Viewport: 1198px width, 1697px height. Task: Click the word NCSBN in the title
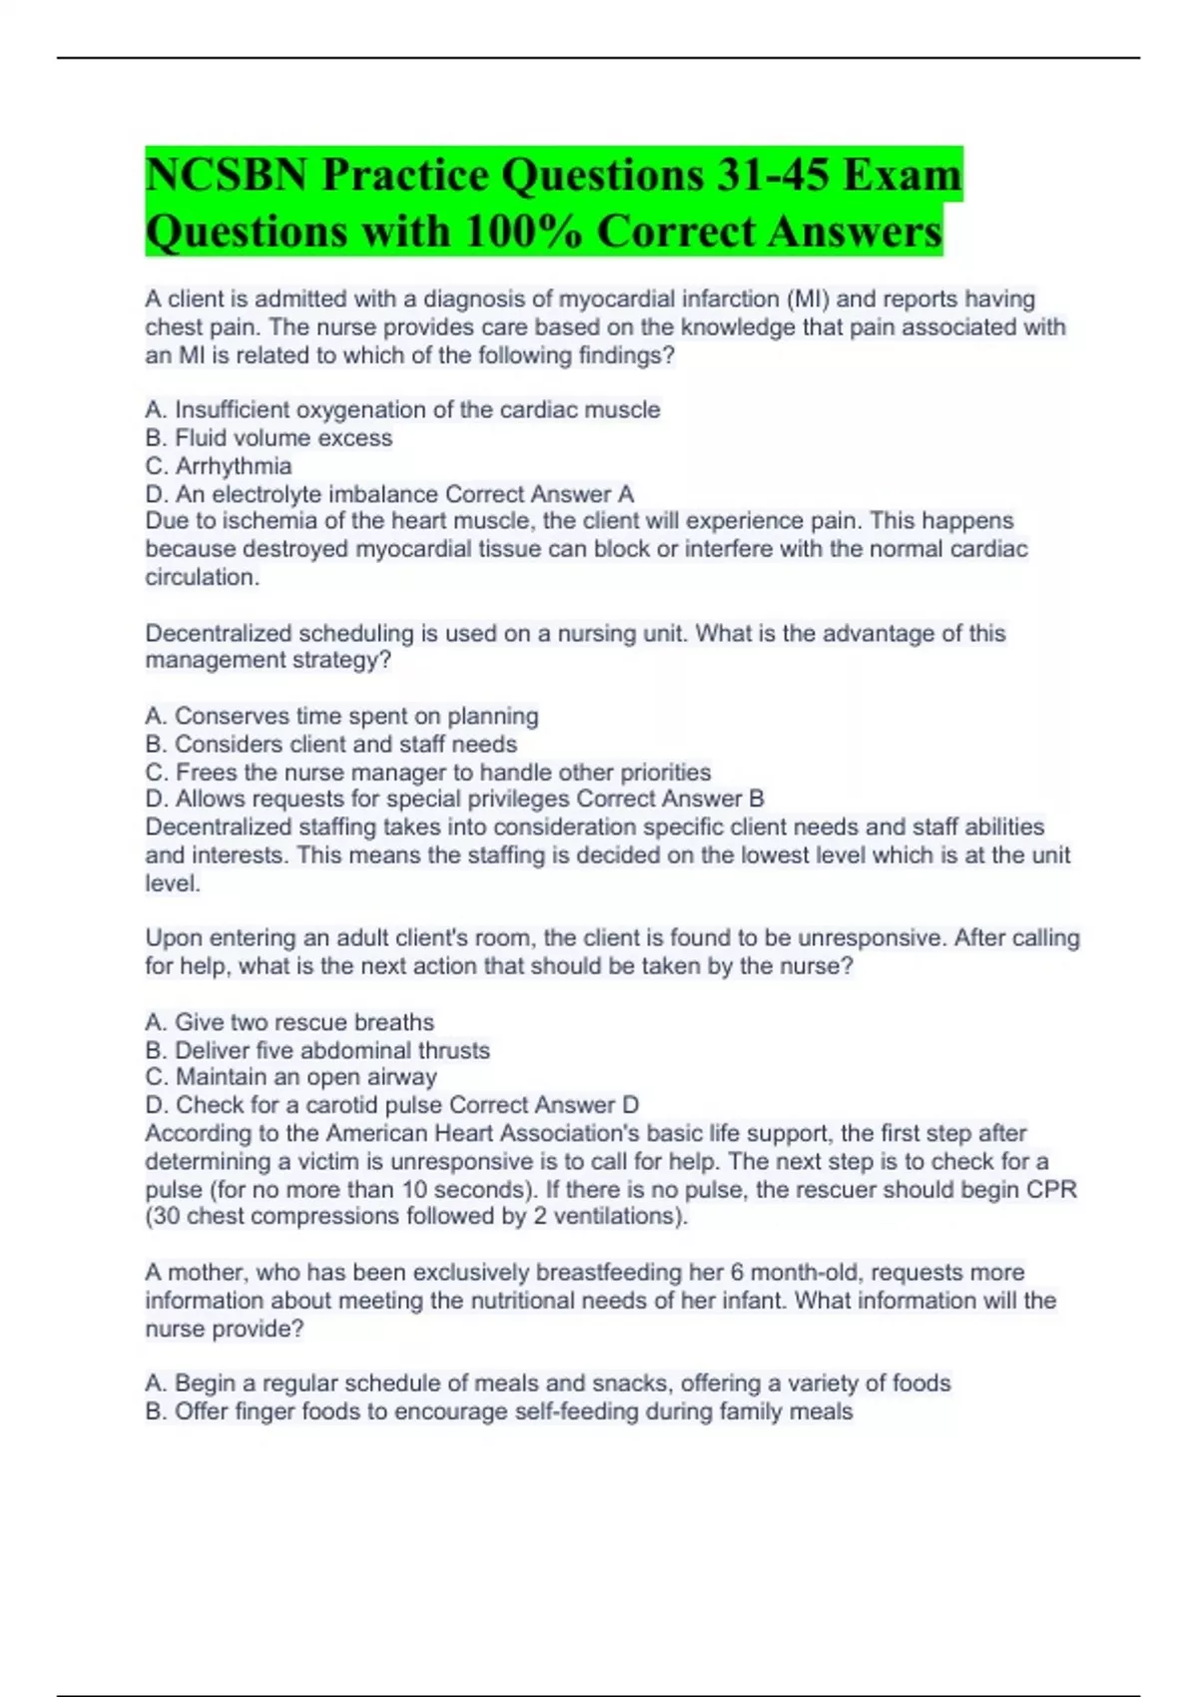pyautogui.click(x=226, y=176)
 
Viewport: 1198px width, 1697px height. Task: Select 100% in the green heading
pyautogui.click(x=523, y=232)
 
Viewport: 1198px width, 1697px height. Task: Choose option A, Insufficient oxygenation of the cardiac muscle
pyautogui.click(x=402, y=409)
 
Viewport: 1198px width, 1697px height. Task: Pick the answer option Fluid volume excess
pyautogui.click(x=269, y=437)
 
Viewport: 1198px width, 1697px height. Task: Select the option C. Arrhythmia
pyautogui.click(x=219, y=466)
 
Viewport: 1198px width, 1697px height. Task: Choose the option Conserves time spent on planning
pyautogui.click(x=341, y=716)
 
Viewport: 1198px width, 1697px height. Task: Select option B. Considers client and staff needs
pyautogui.click(x=330, y=744)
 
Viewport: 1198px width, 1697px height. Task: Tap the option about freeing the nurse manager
pyautogui.click(x=428, y=772)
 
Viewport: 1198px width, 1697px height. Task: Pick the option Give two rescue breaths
pyautogui.click(x=290, y=1022)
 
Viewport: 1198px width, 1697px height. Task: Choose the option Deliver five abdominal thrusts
pyautogui.click(x=317, y=1050)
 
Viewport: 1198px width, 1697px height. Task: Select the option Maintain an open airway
pyautogui.click(x=291, y=1077)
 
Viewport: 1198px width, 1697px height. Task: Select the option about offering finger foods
pyautogui.click(x=499, y=1412)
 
